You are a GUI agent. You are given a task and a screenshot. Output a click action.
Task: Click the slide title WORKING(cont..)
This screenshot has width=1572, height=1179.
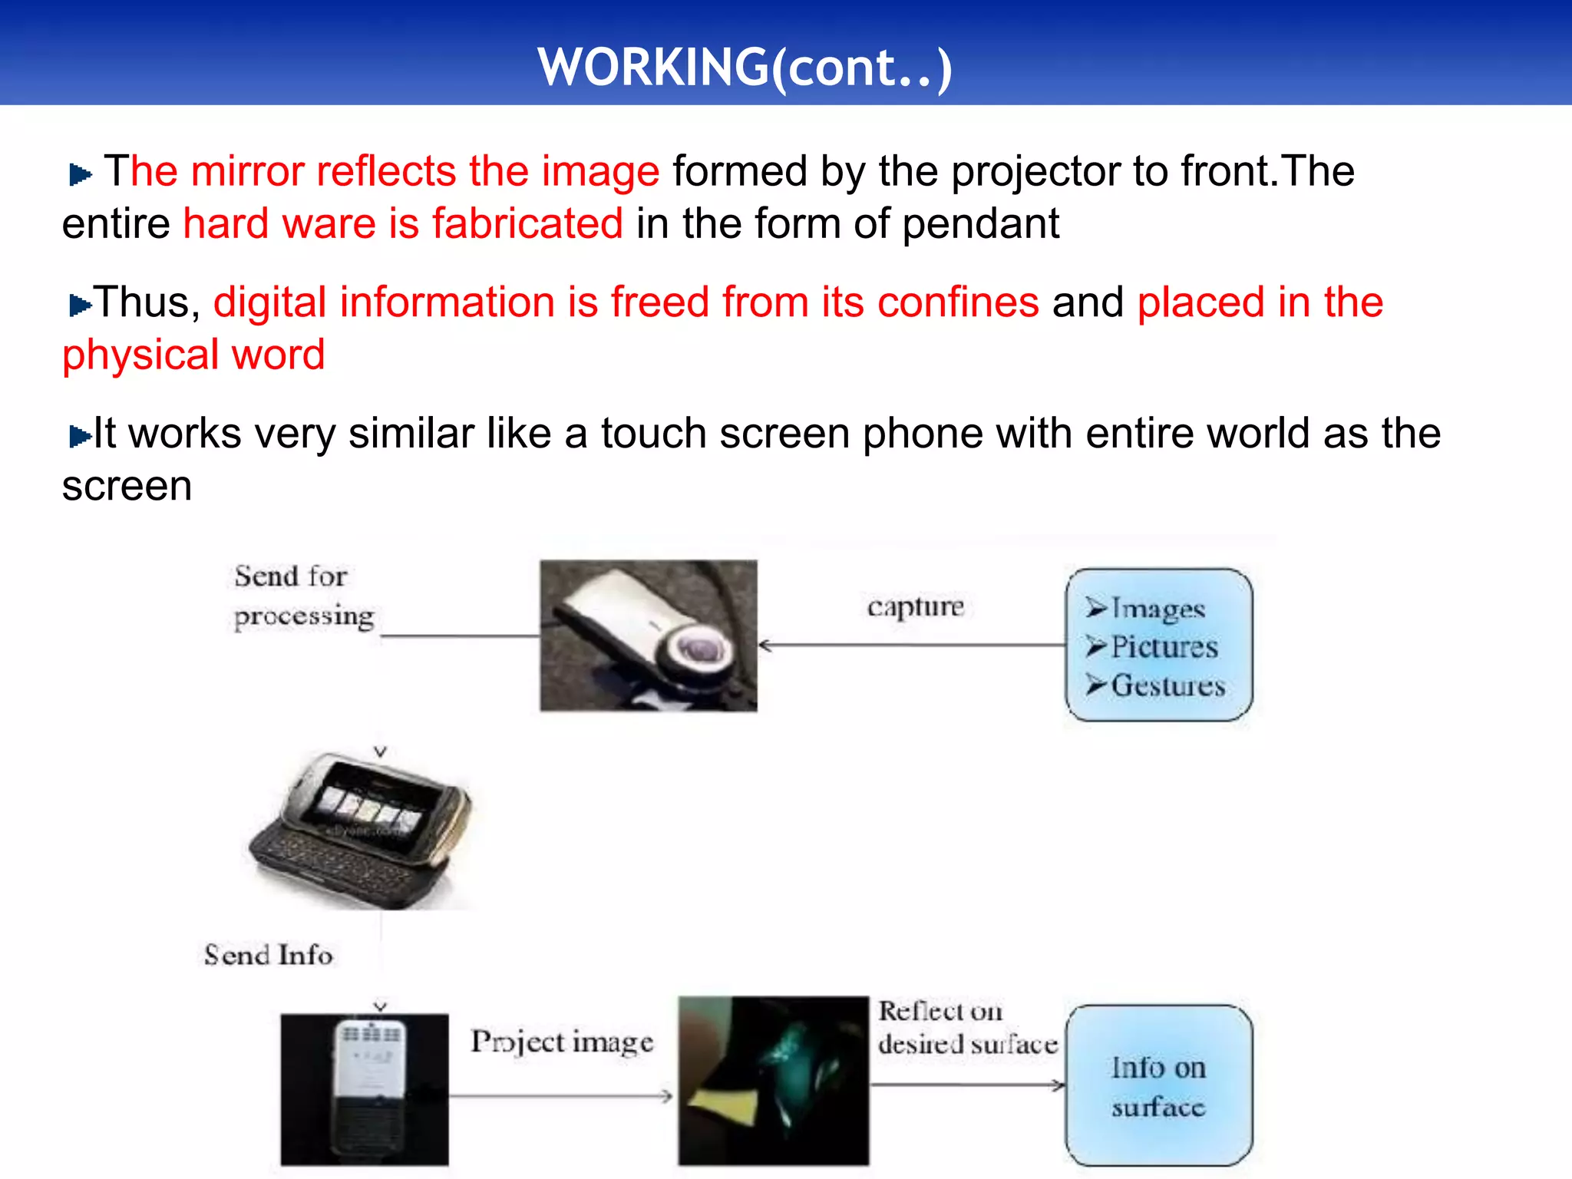tap(745, 68)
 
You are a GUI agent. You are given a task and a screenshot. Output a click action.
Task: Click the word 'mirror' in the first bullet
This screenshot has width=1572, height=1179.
tap(247, 170)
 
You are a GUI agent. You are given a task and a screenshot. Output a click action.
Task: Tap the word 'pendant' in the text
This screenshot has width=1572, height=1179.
tap(980, 224)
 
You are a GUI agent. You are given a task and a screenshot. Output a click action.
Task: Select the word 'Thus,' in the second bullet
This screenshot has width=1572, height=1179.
tap(147, 302)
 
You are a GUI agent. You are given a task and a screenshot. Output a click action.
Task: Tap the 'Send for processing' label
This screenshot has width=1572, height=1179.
tap(302, 596)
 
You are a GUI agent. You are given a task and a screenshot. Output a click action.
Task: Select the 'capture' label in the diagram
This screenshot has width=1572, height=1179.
tap(915, 606)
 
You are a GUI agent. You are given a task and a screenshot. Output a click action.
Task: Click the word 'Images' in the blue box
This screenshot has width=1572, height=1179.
tap(1158, 609)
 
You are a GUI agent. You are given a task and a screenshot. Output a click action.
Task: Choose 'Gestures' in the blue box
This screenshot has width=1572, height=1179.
tap(1167, 685)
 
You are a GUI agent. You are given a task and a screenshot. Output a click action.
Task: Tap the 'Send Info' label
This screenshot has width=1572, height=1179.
tap(268, 955)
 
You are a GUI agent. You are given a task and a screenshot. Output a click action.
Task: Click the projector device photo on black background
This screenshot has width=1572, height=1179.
tap(365, 1089)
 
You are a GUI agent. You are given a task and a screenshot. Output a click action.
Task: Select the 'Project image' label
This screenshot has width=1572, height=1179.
tap(562, 1042)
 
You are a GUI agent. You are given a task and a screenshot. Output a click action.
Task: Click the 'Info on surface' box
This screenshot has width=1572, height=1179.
tap(1158, 1086)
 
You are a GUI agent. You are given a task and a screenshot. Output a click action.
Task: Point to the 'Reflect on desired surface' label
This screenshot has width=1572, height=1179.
tap(967, 1028)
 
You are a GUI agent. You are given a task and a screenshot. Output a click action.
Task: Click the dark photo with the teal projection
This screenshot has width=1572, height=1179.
tap(773, 1081)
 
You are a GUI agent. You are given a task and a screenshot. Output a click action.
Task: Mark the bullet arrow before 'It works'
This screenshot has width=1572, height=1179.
tap(79, 437)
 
